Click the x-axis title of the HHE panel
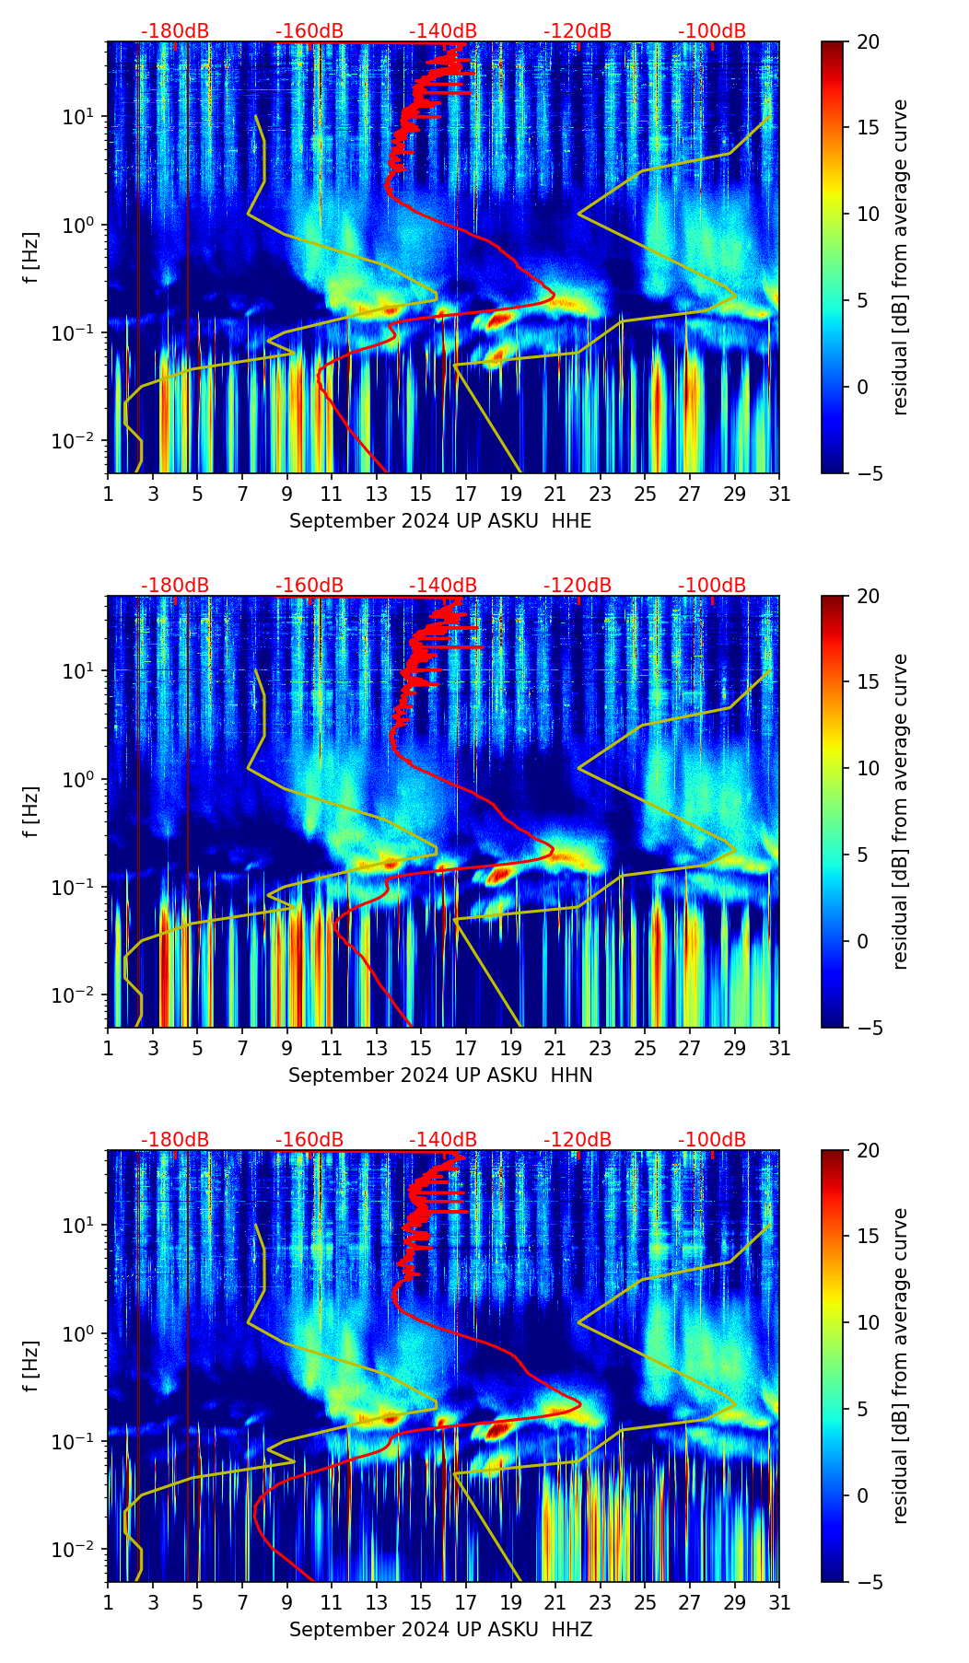tap(440, 521)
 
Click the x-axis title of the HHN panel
tap(440, 1076)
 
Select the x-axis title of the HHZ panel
tap(440, 1630)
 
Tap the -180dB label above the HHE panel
tap(175, 31)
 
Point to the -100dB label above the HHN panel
tap(712, 586)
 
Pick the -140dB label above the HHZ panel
tap(443, 1140)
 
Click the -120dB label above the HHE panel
tap(578, 31)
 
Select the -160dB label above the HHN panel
tap(309, 586)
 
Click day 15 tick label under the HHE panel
tap(420, 494)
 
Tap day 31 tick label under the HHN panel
tap(779, 1048)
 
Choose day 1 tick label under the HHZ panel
tap(109, 1602)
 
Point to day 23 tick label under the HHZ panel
tap(600, 1602)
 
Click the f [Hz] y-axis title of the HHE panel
tap(31, 257)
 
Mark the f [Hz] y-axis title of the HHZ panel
tap(31, 1366)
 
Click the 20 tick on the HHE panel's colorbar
tap(868, 42)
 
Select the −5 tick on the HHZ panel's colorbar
tap(868, 1582)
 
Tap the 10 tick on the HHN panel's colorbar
tap(868, 768)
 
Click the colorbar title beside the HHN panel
tap(901, 811)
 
